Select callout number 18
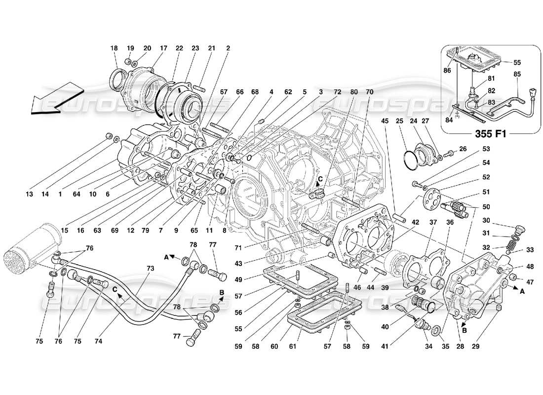(115, 48)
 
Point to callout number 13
(30, 195)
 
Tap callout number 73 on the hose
(150, 268)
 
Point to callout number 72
(337, 92)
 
